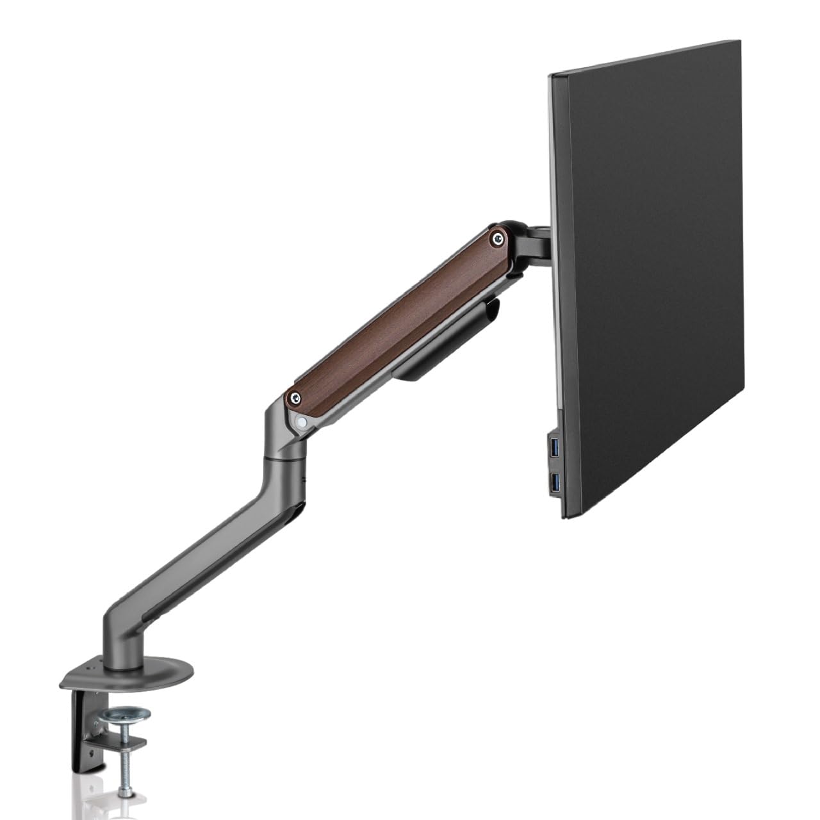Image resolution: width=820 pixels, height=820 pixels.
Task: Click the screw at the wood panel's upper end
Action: click(496, 238)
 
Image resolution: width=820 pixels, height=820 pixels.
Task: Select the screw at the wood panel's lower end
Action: click(295, 398)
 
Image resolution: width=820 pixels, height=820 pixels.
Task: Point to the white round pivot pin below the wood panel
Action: click(302, 421)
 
